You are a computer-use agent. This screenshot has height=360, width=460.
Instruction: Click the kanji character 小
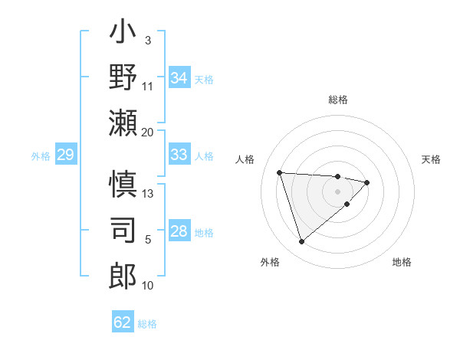(x=123, y=36)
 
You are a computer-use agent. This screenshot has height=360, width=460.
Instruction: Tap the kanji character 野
(x=123, y=77)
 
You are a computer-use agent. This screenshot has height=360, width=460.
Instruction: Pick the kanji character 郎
(x=123, y=273)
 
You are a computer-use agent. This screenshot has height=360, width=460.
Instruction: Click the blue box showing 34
(x=179, y=78)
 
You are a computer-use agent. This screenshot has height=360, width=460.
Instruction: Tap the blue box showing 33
(x=179, y=155)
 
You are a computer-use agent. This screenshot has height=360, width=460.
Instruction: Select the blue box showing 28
(x=179, y=232)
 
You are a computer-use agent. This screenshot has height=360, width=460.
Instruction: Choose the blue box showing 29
(x=65, y=155)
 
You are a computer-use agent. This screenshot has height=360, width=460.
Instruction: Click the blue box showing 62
(x=123, y=322)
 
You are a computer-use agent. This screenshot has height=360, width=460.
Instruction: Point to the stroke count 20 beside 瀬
(x=148, y=132)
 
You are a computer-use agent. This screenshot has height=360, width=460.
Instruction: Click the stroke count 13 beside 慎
(x=148, y=193)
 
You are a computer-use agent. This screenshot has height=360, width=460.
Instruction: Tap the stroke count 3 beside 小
(x=147, y=40)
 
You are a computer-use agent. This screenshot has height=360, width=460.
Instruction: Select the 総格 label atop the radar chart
(x=338, y=100)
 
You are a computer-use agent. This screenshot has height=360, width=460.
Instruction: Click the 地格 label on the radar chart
(x=402, y=262)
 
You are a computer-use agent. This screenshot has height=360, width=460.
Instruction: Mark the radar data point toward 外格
(x=301, y=242)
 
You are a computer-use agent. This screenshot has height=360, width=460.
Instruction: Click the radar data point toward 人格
(x=280, y=172)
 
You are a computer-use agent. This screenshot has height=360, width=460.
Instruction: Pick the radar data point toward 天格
(x=367, y=182)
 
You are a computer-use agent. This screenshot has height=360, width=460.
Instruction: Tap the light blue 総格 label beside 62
(x=147, y=323)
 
